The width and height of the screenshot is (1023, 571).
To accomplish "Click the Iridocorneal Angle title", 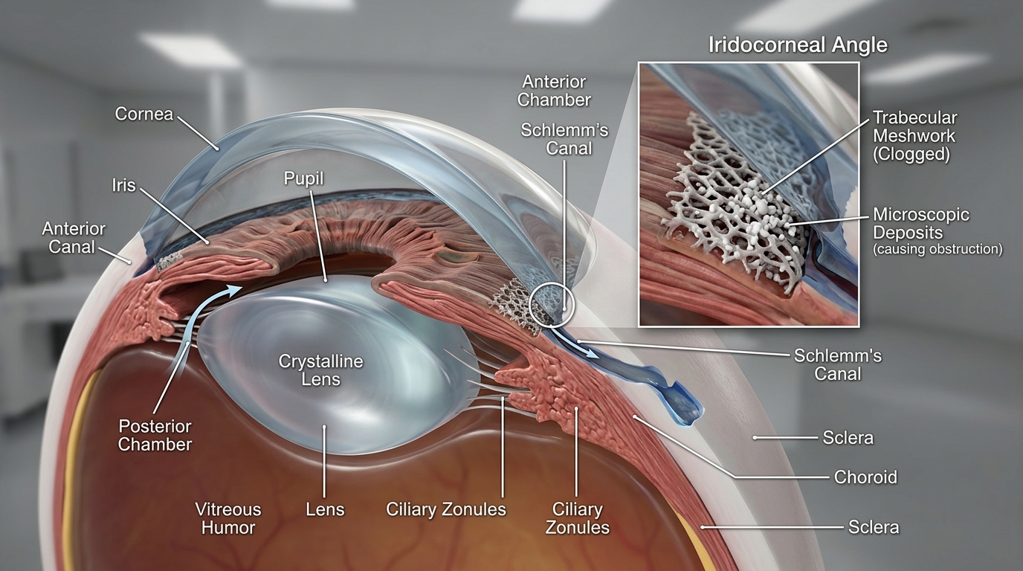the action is pyautogui.click(x=798, y=45).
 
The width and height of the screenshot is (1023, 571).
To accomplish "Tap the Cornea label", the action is pyautogui.click(x=144, y=114).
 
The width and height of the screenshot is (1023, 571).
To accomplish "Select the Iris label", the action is pyautogui.click(x=123, y=185).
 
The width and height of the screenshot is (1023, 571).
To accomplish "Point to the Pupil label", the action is pyautogui.click(x=303, y=178).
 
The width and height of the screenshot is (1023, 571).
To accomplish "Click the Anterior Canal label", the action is pyautogui.click(x=73, y=237).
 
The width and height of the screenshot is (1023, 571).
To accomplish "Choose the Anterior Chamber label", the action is pyautogui.click(x=554, y=91).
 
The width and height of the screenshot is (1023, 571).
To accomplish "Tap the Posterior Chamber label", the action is pyautogui.click(x=155, y=435).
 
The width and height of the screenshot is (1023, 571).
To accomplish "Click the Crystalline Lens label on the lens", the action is pyautogui.click(x=320, y=370).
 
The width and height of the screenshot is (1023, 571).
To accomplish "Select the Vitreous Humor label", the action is pyautogui.click(x=228, y=518).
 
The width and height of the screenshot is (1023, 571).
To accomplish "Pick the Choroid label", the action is pyautogui.click(x=865, y=477).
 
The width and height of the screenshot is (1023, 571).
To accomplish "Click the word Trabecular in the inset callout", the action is pyautogui.click(x=914, y=118).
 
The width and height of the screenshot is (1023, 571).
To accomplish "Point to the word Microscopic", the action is pyautogui.click(x=920, y=215).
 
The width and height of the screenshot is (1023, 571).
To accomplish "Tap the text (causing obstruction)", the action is pyautogui.click(x=938, y=249).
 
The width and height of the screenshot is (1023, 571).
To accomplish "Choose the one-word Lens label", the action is pyautogui.click(x=325, y=509).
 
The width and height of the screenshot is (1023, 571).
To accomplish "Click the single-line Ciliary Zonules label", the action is pyautogui.click(x=446, y=509).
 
